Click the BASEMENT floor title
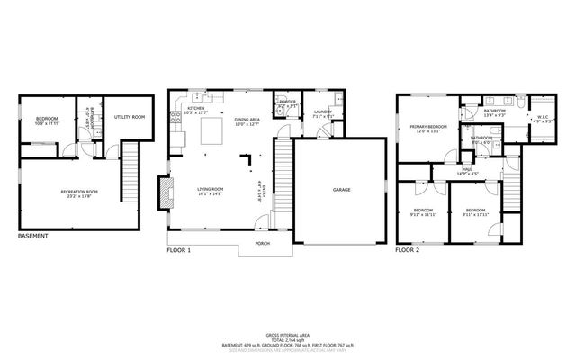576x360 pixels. coord(33,237)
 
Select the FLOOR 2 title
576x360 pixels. coord(408,248)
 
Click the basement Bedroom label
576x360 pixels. coord(46,121)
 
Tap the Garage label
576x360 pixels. coord(341,190)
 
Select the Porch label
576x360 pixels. coord(263,243)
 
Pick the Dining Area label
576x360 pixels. coord(247,119)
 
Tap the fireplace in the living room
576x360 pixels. coord(163,191)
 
